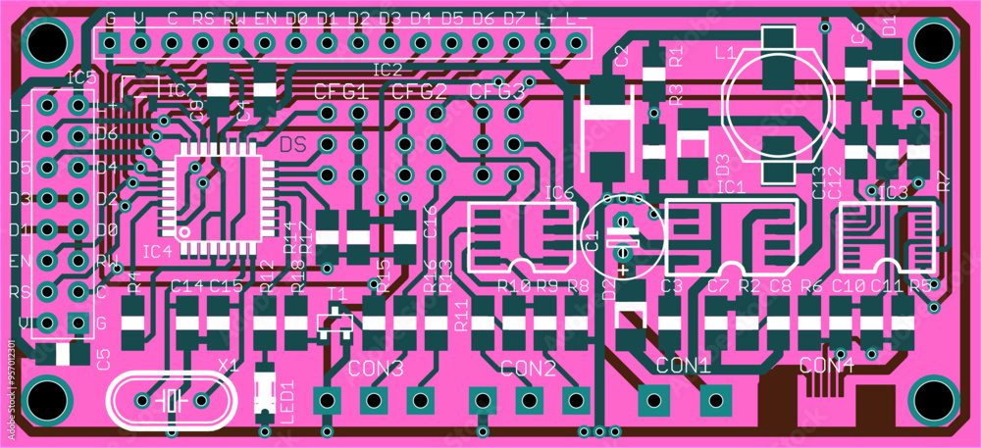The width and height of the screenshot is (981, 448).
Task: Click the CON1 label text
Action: click(683, 366)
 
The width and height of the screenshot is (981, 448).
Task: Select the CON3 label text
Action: click(376, 369)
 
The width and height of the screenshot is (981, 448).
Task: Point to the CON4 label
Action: click(826, 365)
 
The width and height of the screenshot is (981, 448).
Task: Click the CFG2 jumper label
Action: click(419, 92)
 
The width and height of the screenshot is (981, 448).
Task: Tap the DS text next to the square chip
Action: click(293, 145)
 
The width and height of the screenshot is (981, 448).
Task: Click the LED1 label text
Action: click(286, 401)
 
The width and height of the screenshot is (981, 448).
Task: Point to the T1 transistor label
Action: click(336, 293)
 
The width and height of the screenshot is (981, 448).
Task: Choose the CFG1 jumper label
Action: click(340, 92)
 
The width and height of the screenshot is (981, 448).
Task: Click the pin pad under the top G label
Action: click(109, 43)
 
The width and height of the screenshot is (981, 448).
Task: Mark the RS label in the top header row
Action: click(203, 18)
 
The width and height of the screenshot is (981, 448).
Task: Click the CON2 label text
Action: click(528, 369)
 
